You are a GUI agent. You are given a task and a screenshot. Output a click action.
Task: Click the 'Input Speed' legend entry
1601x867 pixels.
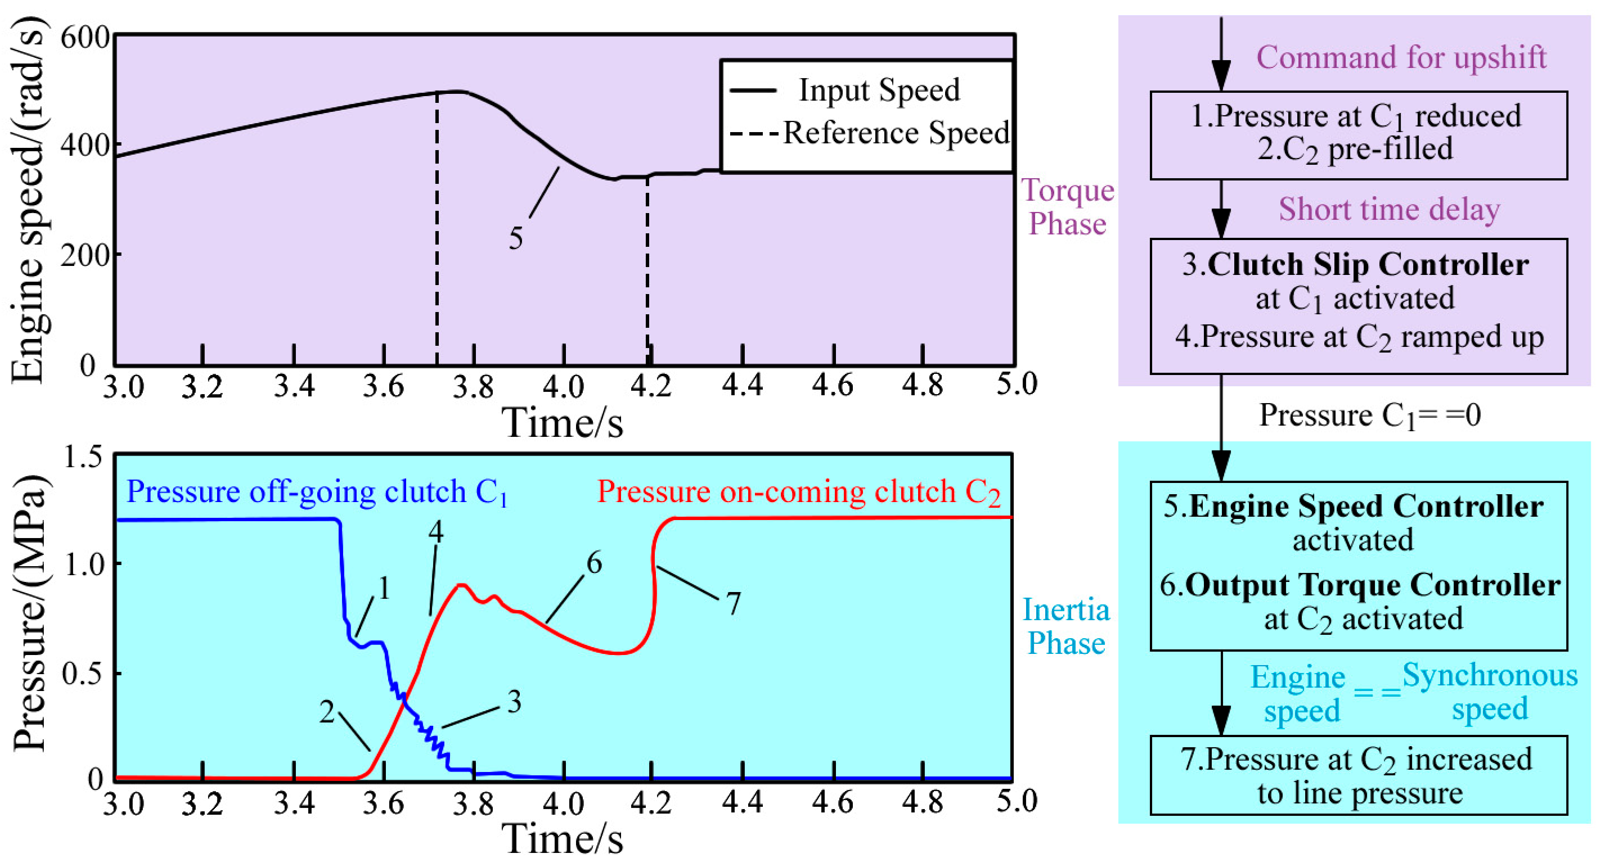point(878,91)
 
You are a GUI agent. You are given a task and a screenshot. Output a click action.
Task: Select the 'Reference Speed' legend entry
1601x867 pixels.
point(895,133)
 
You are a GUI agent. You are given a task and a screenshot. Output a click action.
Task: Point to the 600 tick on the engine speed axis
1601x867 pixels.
point(85,38)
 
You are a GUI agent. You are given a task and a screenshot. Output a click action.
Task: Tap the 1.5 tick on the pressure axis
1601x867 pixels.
point(83,458)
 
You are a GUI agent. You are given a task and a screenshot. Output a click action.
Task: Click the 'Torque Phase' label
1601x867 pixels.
point(1067,207)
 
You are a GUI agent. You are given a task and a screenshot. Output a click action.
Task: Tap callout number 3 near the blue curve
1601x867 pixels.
point(514,702)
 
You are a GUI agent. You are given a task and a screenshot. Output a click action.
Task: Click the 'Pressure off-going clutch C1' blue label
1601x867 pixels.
point(317,493)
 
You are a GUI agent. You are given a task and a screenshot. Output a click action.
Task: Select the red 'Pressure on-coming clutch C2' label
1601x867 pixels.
point(799,493)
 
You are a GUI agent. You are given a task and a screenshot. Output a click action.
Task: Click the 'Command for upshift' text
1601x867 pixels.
point(1401,58)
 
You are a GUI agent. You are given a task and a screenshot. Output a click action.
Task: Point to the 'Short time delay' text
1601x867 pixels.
point(1389,210)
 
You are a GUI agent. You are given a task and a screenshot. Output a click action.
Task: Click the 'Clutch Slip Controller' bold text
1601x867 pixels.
point(1368,265)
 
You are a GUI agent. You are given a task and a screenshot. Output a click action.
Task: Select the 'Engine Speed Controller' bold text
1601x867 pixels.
point(1365,507)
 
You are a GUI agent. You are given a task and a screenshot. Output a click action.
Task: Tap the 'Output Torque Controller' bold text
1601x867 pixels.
point(1372,586)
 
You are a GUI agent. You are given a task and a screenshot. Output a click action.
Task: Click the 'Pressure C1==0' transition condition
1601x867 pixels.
point(1370,416)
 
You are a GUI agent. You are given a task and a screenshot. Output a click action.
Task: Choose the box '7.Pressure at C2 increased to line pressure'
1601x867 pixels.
point(1358,775)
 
